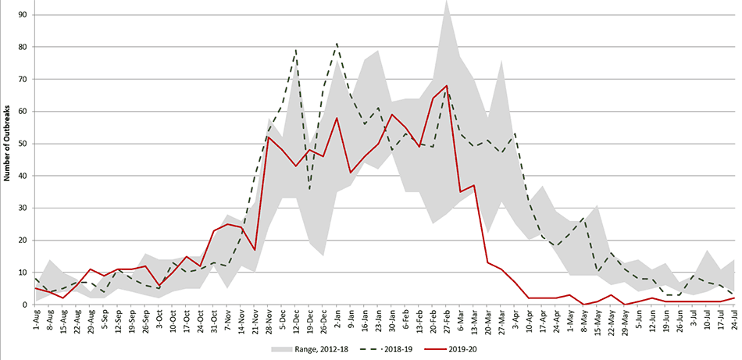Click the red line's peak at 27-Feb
446,86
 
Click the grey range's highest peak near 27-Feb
447,2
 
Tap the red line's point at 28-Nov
268,137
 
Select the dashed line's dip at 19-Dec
309,189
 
